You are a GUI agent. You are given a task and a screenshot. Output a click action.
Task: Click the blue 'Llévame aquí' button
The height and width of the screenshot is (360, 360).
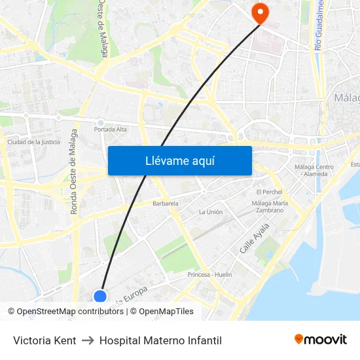point(179,160)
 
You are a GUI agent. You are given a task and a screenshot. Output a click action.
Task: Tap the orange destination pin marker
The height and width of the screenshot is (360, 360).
point(260,12)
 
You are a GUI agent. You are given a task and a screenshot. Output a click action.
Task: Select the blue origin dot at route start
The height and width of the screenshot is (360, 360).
point(100,297)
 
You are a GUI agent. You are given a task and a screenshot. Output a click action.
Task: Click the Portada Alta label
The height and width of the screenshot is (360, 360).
point(110,129)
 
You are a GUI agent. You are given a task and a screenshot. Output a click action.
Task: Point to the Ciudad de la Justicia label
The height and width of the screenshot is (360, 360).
point(33,141)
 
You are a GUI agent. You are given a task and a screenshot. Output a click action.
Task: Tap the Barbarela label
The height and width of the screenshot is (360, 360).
point(166,204)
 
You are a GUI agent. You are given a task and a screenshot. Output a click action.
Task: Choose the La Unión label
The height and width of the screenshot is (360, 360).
point(211,212)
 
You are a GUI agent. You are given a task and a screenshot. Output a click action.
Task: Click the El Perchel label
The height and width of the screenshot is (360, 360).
point(268,192)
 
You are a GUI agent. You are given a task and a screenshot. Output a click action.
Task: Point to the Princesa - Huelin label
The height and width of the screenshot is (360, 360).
point(209,274)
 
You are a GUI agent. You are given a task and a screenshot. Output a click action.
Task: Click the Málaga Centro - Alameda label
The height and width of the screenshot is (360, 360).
point(314,170)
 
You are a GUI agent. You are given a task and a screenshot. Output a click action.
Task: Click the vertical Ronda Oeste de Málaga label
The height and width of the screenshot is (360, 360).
point(74,171)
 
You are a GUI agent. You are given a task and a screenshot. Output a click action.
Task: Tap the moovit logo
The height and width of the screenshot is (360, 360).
point(321,340)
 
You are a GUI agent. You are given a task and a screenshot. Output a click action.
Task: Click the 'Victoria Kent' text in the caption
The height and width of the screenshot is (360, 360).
point(45,340)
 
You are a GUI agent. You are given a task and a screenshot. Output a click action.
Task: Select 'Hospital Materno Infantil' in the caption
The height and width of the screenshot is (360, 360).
point(160,340)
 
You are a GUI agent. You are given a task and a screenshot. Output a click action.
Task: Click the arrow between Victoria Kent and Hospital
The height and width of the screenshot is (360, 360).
point(88,340)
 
